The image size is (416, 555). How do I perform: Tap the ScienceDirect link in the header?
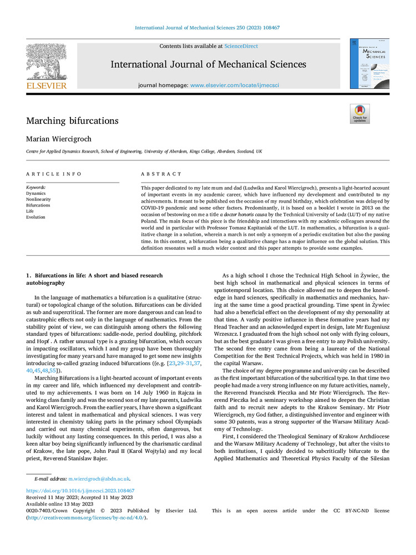coord(242,46)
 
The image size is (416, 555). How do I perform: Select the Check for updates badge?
coord(359,114)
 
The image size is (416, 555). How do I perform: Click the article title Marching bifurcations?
coord(72,120)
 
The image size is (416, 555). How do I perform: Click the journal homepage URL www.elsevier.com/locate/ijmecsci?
coord(234,85)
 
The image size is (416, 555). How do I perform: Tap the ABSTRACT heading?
coord(161,174)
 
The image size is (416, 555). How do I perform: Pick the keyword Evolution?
coord(36,218)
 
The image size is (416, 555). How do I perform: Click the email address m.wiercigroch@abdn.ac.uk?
coord(99,478)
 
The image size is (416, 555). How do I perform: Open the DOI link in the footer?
coord(80,491)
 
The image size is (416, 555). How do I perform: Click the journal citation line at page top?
coord(208,27)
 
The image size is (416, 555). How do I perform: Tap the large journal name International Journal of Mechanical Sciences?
coord(208,64)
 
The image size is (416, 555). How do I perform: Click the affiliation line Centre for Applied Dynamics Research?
coord(144,151)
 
